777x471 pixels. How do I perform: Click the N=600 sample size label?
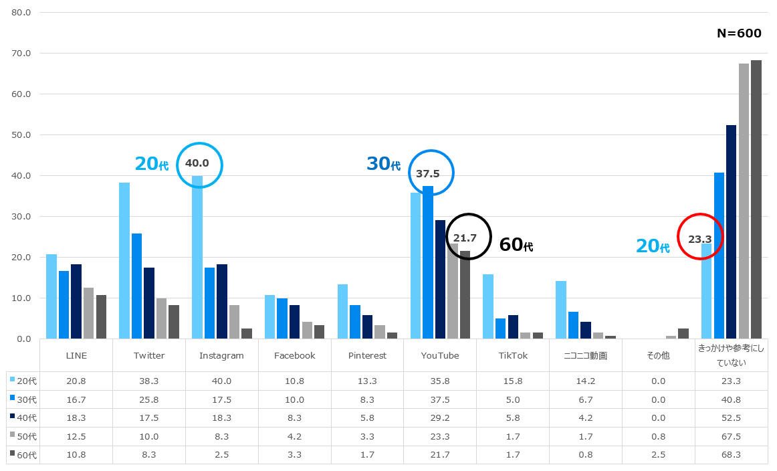[739, 33]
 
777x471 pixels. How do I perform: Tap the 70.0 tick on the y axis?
[21, 53]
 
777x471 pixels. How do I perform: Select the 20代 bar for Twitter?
[124, 261]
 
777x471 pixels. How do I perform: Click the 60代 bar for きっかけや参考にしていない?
[756, 200]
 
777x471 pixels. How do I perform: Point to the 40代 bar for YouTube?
[440, 280]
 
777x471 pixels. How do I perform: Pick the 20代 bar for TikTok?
[488, 307]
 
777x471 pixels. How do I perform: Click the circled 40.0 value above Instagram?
[197, 163]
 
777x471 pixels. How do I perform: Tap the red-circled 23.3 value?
[699, 239]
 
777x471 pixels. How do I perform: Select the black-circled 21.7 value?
[465, 238]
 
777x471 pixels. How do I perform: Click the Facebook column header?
[294, 355]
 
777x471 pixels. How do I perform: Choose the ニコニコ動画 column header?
[585, 355]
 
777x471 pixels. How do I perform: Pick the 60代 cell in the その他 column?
[658, 455]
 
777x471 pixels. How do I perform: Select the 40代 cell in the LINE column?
[76, 418]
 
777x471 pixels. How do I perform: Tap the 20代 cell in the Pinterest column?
[367, 381]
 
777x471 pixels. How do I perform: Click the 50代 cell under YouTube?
[440, 436]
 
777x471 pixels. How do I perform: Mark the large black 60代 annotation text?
[516, 244]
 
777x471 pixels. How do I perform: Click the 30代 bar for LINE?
[64, 305]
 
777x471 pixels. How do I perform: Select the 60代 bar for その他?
[683, 334]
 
